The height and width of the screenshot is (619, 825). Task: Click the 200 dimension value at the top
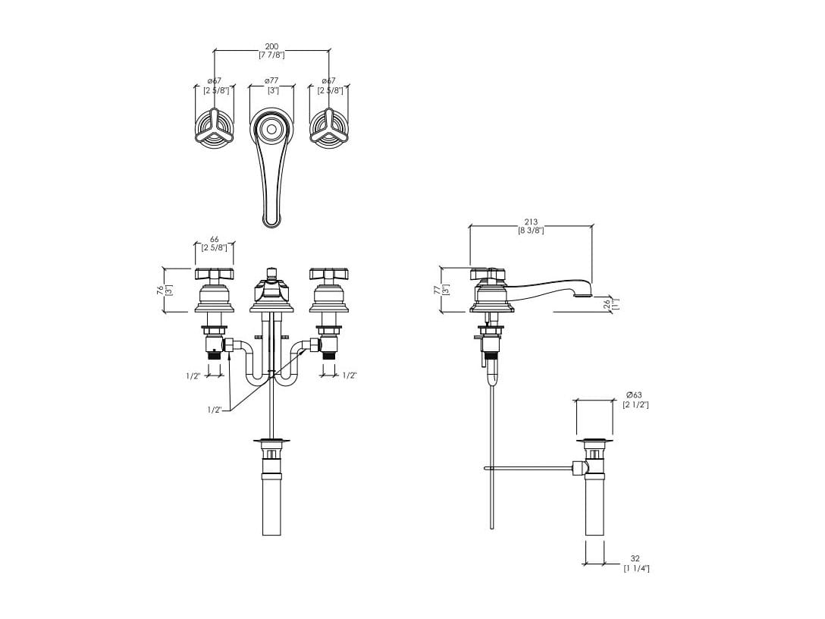271,46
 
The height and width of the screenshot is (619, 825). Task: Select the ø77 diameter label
271,80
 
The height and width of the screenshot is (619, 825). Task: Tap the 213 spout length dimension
531,222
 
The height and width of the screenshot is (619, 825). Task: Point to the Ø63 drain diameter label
635,394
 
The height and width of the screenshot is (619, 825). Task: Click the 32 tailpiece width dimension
635,558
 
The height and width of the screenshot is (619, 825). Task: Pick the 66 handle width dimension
214,240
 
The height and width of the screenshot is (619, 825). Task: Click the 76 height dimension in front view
160,290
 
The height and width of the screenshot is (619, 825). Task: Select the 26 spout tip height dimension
607,304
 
